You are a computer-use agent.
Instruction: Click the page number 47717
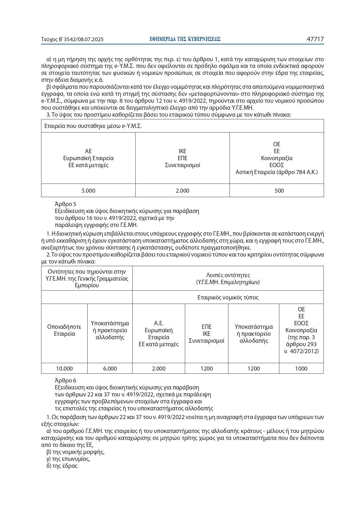[x=315, y=39]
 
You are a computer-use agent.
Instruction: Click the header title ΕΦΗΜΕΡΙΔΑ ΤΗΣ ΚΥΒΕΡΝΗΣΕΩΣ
[x=185, y=39]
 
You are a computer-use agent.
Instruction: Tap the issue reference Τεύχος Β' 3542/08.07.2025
[x=72, y=39]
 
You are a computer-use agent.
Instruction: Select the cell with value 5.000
[x=88, y=191]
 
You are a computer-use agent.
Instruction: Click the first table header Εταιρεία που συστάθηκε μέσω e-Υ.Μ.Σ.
[x=93, y=126]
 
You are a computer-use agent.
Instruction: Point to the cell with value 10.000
[x=64, y=369]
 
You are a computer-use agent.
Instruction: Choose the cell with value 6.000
[x=110, y=369]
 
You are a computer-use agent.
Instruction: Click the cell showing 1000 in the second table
[x=301, y=369]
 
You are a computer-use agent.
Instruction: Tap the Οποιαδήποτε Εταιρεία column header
[x=64, y=330]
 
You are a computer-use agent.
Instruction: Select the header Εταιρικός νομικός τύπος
[x=228, y=297]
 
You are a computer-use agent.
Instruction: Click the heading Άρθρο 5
[x=66, y=204]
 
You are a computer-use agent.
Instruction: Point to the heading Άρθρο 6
[x=66, y=380]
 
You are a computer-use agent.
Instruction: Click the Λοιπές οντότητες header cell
[x=228, y=278]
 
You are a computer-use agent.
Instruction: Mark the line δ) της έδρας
[x=62, y=466]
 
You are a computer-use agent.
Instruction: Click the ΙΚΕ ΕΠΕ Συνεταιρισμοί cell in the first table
[x=182, y=158]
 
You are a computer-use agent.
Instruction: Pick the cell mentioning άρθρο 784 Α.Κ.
[x=276, y=172]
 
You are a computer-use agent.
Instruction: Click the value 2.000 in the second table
[x=159, y=369]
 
